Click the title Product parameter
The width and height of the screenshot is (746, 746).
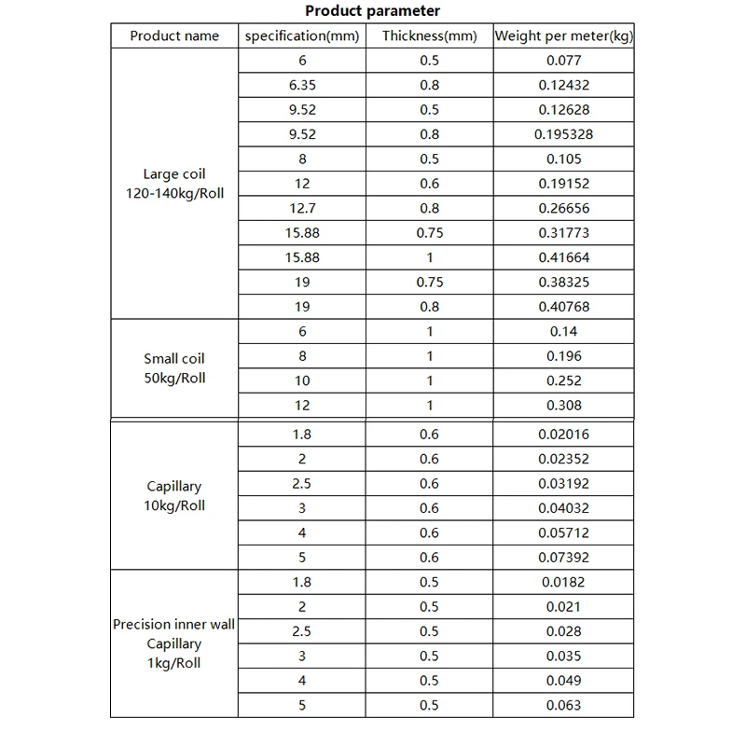point(373,11)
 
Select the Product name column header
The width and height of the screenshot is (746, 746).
point(175,36)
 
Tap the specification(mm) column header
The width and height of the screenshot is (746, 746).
point(301,36)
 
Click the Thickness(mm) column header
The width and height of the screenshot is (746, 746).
point(430,36)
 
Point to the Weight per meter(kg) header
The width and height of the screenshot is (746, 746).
point(564,36)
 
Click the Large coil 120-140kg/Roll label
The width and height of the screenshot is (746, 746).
point(175,184)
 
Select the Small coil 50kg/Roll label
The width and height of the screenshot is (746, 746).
point(175,368)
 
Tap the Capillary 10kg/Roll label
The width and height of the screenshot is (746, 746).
point(175,495)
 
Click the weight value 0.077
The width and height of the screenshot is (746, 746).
point(563,61)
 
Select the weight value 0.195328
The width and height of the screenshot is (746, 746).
point(563,134)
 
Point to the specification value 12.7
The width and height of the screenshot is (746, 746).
point(301,208)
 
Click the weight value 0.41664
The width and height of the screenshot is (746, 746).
point(563,257)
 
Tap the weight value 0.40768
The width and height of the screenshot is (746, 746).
point(563,307)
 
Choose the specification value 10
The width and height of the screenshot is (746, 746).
point(301,380)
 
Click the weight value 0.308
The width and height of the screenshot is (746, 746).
point(563,405)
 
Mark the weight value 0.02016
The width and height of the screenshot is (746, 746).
point(563,434)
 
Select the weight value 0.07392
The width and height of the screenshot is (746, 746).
point(563,557)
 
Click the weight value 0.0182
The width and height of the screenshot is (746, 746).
point(563,582)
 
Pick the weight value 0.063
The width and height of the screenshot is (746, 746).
point(563,705)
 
